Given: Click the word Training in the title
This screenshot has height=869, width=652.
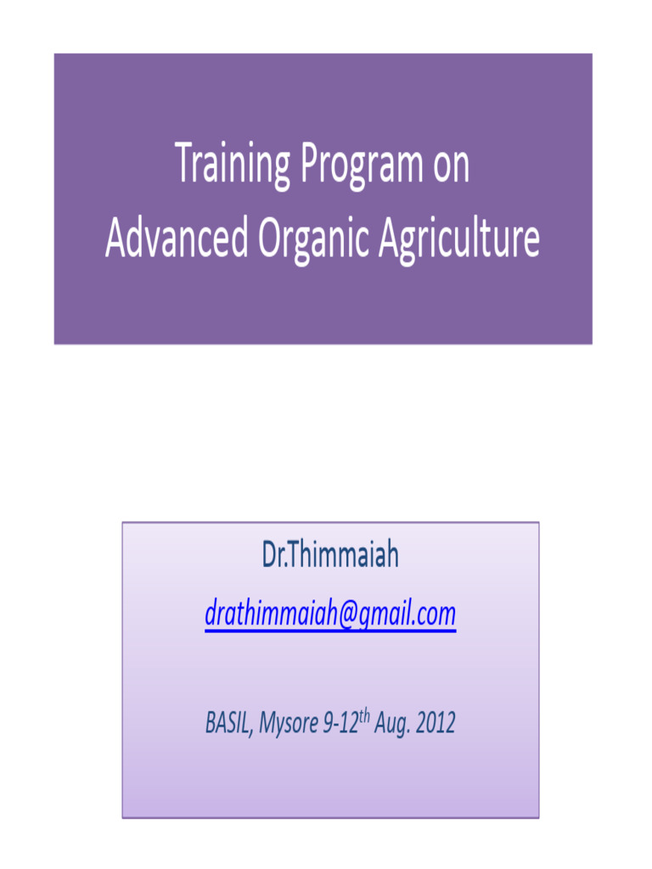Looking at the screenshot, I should (232, 166).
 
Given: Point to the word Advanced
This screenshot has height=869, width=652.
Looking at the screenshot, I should (177, 240).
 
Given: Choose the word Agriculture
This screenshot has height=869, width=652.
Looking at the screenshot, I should (458, 240).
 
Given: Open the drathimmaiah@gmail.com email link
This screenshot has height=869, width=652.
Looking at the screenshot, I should (330, 614).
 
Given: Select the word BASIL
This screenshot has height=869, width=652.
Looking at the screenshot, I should (228, 724).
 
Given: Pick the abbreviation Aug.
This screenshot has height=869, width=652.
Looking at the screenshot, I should (391, 725).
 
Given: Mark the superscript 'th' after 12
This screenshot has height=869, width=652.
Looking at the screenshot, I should (365, 716).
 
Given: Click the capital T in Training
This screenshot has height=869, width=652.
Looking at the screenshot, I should (183, 165).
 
